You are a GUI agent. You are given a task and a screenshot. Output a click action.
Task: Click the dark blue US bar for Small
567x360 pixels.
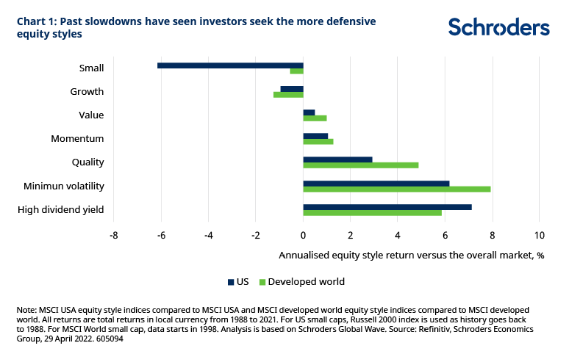(230, 65)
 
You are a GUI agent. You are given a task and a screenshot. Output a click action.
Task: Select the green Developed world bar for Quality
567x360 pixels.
(361, 165)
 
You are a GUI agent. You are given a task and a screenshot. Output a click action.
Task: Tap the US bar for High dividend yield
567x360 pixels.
(387, 207)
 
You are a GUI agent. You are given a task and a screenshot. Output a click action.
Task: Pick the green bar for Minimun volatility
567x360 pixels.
(396, 189)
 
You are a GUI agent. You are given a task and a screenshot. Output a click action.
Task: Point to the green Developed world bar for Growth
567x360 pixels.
(288, 95)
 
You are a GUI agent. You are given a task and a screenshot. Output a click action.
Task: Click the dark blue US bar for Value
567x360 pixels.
(309, 112)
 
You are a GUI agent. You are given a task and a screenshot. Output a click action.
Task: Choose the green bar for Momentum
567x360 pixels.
(318, 142)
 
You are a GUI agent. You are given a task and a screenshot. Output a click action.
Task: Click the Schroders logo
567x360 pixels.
(499, 27)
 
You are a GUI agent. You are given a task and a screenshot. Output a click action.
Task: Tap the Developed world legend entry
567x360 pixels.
(301, 282)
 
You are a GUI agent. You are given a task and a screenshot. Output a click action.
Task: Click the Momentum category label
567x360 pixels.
(77, 139)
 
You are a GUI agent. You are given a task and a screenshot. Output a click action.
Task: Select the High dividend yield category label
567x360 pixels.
(61, 210)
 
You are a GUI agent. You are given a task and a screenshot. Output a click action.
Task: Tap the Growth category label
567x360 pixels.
(87, 92)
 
